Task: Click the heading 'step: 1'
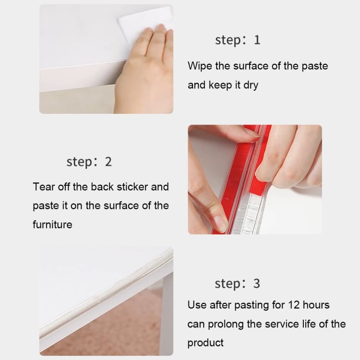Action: (x=238, y=40)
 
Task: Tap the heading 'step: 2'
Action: (x=89, y=162)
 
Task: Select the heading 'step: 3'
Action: (x=238, y=284)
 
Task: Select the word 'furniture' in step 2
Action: (x=52, y=224)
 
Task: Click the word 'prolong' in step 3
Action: (x=225, y=324)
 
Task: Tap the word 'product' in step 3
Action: (x=205, y=343)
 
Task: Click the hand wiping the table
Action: (x=144, y=72)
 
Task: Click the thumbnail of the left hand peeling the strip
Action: (x=204, y=192)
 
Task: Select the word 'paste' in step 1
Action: (x=314, y=66)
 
